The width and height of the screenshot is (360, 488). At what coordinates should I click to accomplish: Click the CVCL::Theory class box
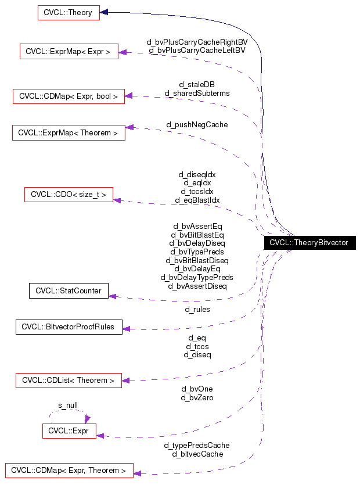68,12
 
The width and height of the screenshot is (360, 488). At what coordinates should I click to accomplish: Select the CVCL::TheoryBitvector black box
309,243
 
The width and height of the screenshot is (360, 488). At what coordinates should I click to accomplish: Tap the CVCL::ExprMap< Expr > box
69,52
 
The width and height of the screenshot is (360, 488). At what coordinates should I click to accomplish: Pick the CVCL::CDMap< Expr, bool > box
69,96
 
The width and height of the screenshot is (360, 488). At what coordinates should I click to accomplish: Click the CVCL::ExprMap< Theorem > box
69,132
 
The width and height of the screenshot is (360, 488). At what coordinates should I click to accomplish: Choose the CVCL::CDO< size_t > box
69,195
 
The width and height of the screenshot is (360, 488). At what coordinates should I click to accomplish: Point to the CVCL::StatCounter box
69,290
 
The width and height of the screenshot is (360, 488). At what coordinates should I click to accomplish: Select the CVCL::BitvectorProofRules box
69,327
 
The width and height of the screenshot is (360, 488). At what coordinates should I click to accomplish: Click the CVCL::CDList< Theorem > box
69,381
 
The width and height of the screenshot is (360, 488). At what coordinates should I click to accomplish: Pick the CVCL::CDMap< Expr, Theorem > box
69,470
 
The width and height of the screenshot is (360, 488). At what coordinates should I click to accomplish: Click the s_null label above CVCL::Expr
68,406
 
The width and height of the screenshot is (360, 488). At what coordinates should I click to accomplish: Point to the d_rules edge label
197,310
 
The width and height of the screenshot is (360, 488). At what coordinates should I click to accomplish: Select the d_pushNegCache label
197,124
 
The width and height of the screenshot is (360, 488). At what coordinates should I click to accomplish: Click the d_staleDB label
197,85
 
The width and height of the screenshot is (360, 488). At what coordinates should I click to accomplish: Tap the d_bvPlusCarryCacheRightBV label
197,42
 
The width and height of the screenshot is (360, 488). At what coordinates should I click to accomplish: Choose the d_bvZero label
197,398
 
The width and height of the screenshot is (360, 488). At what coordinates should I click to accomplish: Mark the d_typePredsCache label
197,446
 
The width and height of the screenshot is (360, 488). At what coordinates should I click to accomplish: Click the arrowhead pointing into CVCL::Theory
105,12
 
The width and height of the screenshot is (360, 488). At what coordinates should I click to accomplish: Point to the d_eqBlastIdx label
197,200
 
